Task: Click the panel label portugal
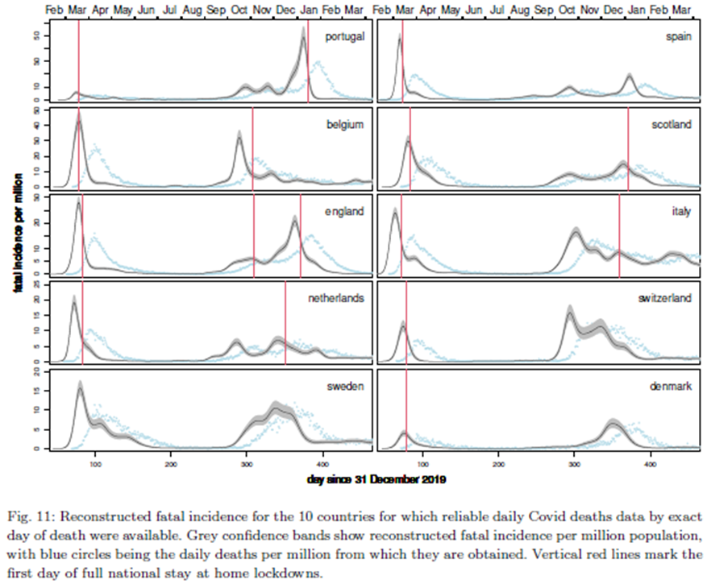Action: coord(344,36)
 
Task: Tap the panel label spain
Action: coord(678,36)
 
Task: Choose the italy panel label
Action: coord(683,212)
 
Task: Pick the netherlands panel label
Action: coord(336,298)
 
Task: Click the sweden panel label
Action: coord(347,385)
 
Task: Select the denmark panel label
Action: coord(672,387)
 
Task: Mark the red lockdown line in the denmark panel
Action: coord(406,411)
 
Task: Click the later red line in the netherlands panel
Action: coord(285,322)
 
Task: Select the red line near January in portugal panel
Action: coord(308,60)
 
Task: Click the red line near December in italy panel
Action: coord(619,234)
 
